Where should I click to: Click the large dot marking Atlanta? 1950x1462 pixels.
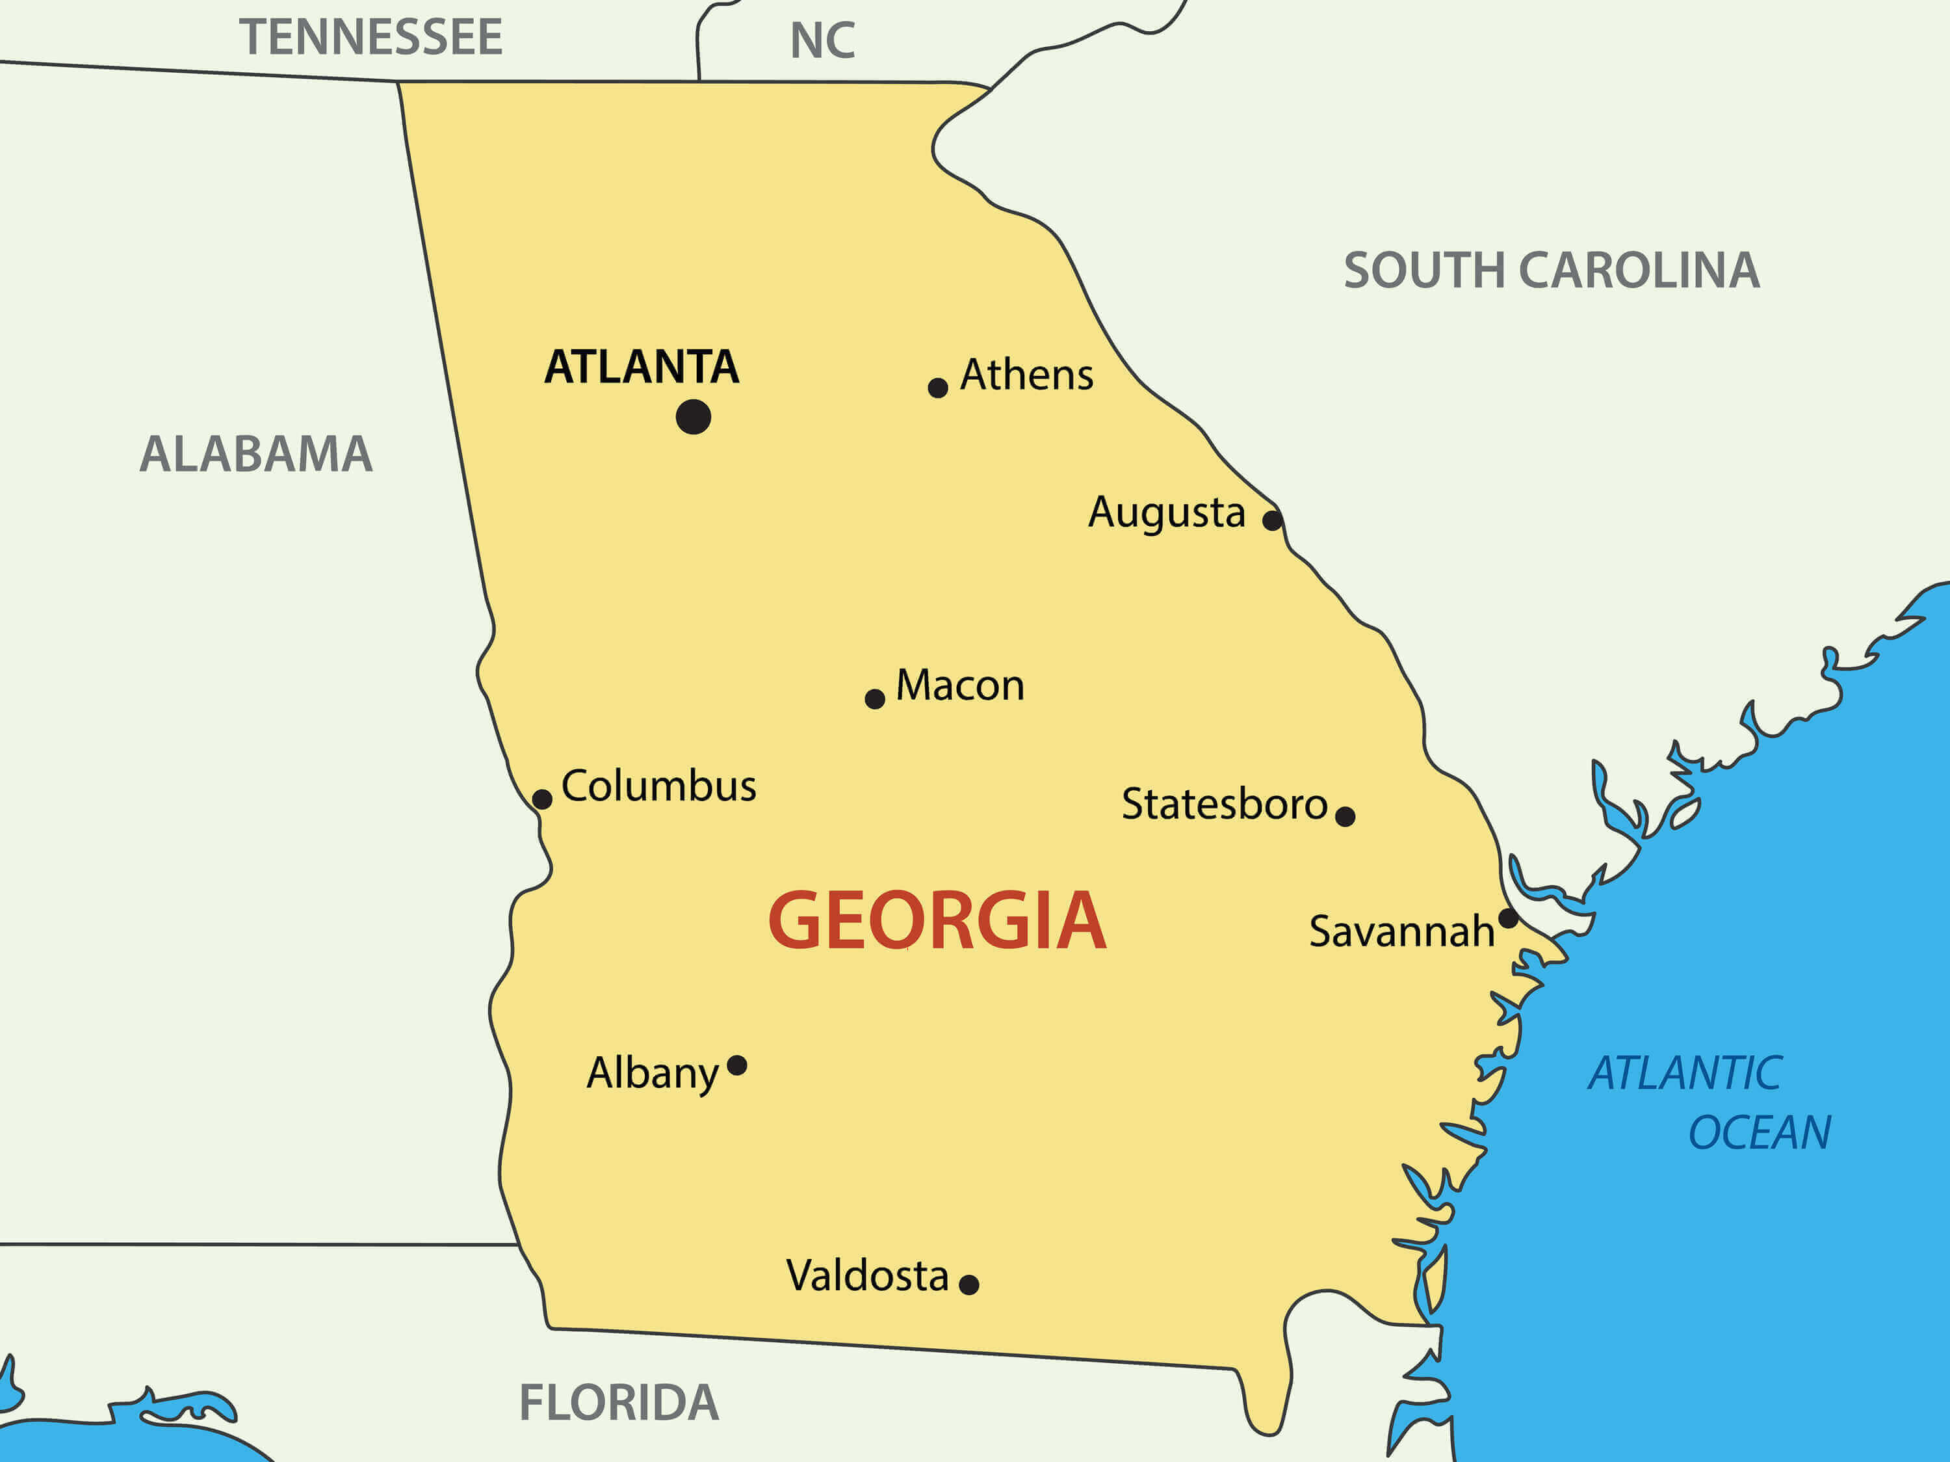(x=693, y=417)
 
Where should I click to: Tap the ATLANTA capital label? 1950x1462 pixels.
(x=642, y=367)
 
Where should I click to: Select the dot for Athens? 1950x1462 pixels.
(x=937, y=388)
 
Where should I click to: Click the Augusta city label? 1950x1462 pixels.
(x=1166, y=513)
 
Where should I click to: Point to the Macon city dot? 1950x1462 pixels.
(x=874, y=699)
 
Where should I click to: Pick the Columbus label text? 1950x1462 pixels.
(x=658, y=786)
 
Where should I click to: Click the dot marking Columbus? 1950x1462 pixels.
(x=542, y=800)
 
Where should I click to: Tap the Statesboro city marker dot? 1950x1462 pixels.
(x=1345, y=817)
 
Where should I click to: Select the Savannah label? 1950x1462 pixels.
(x=1401, y=932)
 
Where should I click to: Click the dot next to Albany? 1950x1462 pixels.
(x=737, y=1066)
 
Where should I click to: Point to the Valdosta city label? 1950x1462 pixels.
(x=868, y=1276)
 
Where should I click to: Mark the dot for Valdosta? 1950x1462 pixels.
(x=969, y=1284)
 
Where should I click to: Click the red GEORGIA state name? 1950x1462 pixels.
(x=937, y=922)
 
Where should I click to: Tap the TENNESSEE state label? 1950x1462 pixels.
(x=371, y=37)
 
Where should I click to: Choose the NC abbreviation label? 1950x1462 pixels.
(x=822, y=40)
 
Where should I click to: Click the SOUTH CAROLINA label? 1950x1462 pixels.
(x=1552, y=271)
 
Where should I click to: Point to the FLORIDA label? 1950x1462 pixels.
(x=619, y=1403)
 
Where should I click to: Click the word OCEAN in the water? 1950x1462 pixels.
(x=1760, y=1133)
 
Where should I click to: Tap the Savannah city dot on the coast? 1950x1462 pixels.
(x=1509, y=918)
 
